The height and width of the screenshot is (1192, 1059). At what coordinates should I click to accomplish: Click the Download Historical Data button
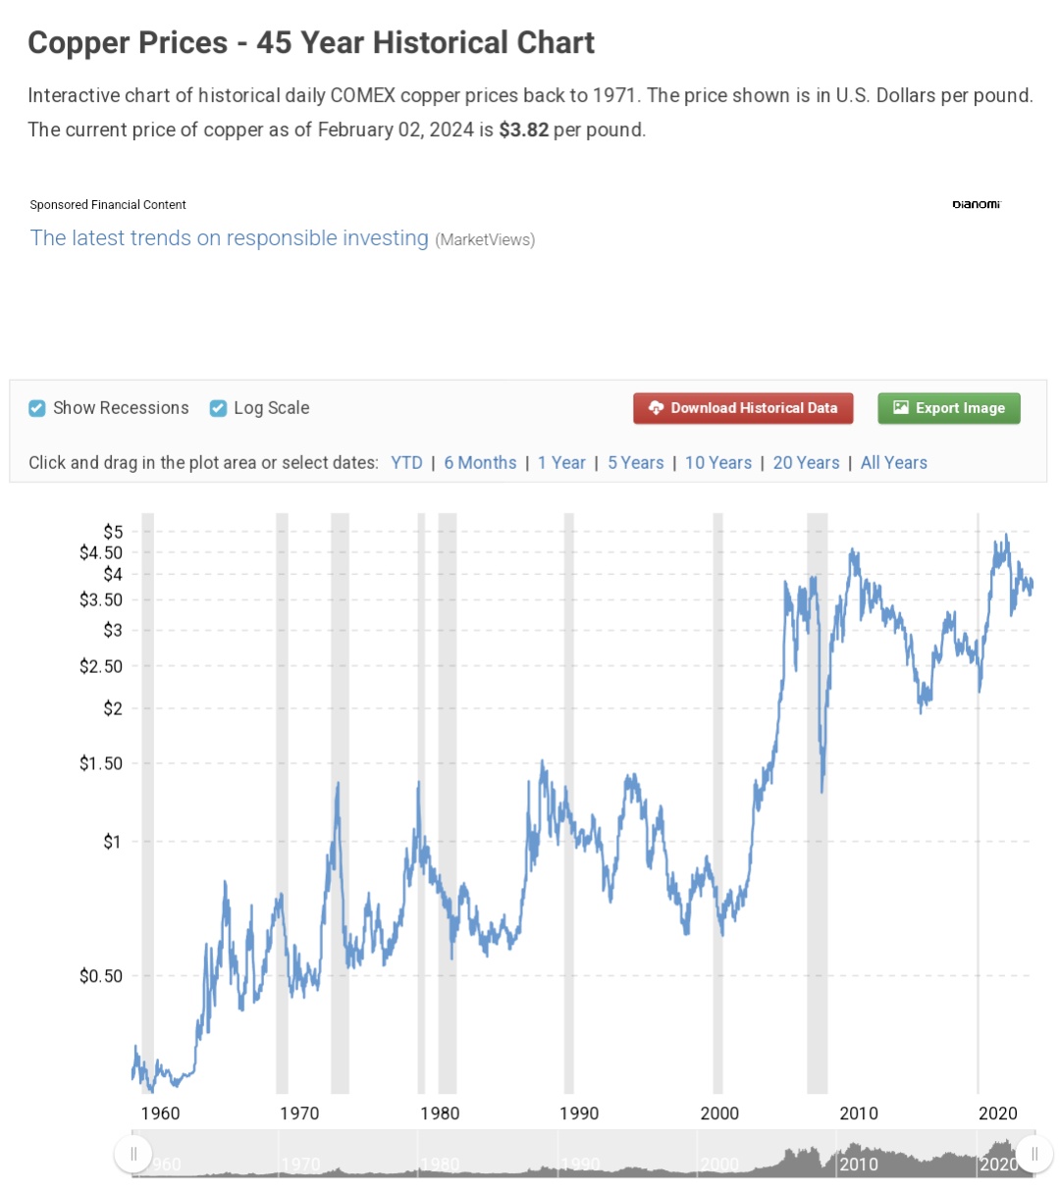click(x=743, y=408)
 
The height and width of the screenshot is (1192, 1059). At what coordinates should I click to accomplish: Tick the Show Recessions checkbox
click(x=37, y=408)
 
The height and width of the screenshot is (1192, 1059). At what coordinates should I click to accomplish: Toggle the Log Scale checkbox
click(x=219, y=408)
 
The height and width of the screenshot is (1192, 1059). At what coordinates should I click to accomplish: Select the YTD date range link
click(x=406, y=463)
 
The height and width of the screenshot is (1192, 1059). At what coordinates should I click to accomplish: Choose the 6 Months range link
click(x=480, y=463)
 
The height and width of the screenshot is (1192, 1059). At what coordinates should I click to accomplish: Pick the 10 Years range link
click(x=718, y=463)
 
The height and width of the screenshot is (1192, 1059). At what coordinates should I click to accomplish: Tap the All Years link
click(x=893, y=463)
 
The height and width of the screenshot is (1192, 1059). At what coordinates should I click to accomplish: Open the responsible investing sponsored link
click(x=230, y=238)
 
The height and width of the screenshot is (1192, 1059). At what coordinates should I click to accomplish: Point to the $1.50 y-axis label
click(x=101, y=763)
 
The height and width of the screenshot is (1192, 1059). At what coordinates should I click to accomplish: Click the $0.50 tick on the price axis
click(x=101, y=976)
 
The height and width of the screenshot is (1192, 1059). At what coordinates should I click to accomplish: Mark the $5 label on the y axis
click(x=113, y=532)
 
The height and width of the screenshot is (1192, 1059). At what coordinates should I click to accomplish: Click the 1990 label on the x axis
click(x=579, y=1114)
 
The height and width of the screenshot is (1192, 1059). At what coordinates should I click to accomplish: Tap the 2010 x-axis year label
click(x=858, y=1114)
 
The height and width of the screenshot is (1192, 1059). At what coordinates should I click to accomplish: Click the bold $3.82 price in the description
click(x=523, y=130)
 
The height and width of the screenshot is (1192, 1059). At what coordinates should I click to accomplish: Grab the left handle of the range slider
click(x=133, y=1154)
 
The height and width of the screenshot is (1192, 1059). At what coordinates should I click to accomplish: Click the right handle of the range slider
click(x=1033, y=1154)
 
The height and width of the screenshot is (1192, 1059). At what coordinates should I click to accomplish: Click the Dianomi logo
click(x=976, y=204)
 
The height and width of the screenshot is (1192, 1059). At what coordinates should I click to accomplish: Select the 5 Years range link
click(x=635, y=463)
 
